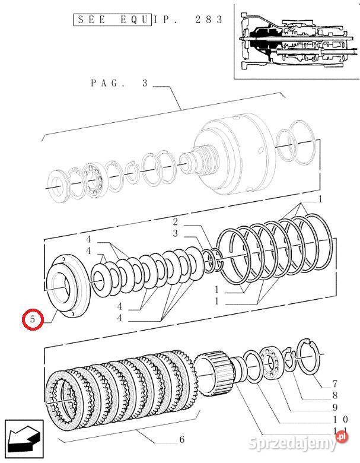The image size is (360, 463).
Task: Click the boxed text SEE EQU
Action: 113,20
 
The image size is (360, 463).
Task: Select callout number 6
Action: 181,440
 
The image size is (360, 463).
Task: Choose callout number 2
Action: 175,222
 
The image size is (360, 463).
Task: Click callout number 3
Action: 175,233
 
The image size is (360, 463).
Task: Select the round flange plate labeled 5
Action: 68,284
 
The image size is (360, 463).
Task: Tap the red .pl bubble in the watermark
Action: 342,438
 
